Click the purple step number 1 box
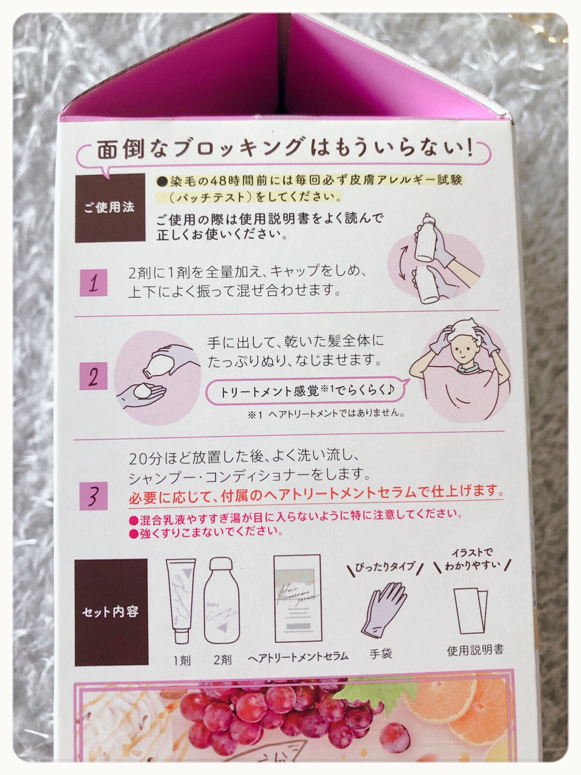(93, 282)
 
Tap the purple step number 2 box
(93, 376)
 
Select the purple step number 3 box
(93, 496)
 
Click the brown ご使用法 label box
(110, 207)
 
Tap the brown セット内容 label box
(111, 612)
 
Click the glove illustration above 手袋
(383, 609)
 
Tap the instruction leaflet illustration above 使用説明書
(471, 610)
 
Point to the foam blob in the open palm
(144, 390)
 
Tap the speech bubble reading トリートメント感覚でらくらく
(306, 391)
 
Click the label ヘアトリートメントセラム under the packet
(298, 656)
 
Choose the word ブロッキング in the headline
(239, 149)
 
